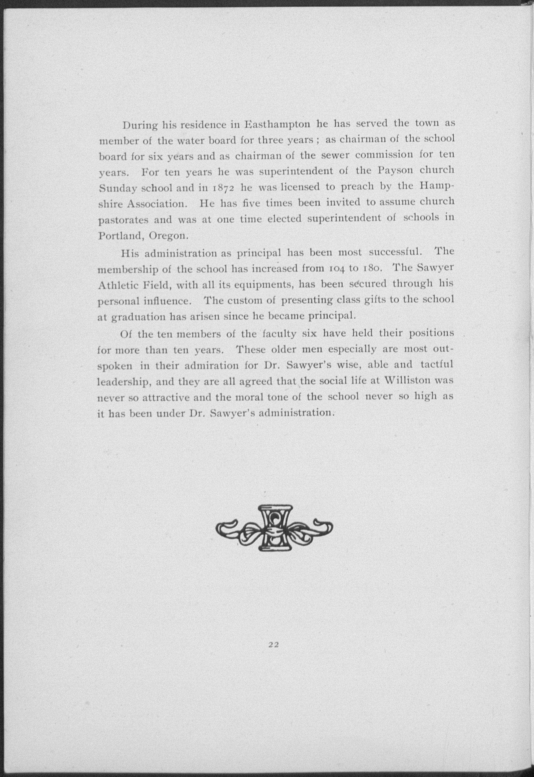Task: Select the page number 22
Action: point(274,654)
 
